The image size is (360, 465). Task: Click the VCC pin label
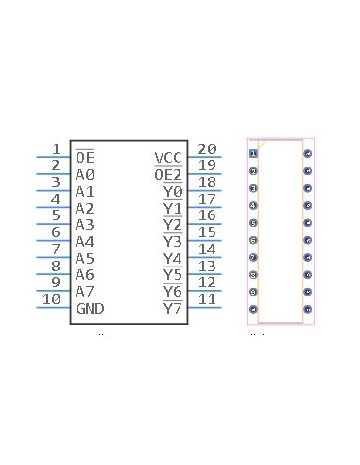(x=168, y=157)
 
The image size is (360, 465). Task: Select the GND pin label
(x=90, y=309)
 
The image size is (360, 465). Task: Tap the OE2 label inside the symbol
(x=168, y=174)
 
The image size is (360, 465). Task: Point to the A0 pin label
(x=85, y=174)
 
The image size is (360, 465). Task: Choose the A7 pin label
(x=85, y=292)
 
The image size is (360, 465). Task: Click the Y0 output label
(x=172, y=191)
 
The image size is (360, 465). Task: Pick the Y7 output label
(x=172, y=309)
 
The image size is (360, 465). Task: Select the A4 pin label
(x=85, y=241)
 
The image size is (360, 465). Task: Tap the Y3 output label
(x=172, y=241)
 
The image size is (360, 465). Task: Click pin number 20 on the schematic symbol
(x=207, y=148)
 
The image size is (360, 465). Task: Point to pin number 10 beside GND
(x=52, y=301)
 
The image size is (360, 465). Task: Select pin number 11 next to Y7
(x=207, y=301)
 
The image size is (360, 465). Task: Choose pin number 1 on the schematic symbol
(x=56, y=148)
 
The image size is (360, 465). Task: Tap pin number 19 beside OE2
(x=207, y=165)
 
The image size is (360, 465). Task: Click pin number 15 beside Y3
(x=207, y=232)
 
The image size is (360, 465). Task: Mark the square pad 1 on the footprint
(x=253, y=153)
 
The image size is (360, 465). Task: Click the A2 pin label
(x=85, y=208)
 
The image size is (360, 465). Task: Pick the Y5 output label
(x=172, y=275)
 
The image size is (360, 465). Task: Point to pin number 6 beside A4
(x=56, y=232)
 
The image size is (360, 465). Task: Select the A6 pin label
(x=85, y=275)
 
